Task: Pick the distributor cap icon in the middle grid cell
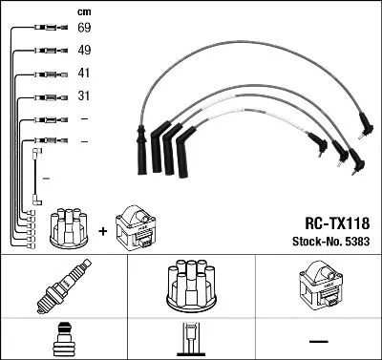coord(190,285)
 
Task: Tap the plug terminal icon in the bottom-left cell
coord(61,339)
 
